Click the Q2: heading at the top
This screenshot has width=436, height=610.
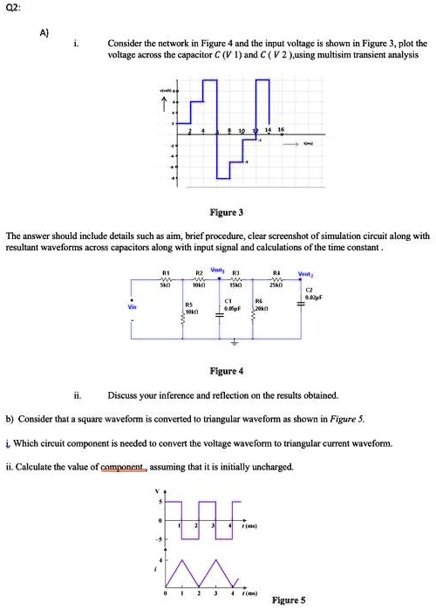pos(16,8)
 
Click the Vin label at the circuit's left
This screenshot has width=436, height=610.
pos(133,308)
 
